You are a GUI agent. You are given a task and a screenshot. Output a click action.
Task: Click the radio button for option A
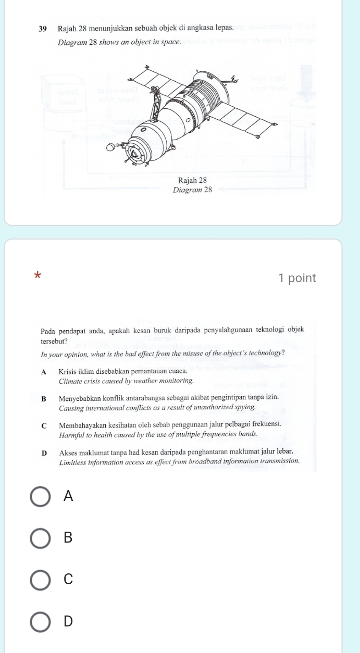point(41,497)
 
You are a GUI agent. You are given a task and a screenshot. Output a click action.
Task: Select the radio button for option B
point(41,538)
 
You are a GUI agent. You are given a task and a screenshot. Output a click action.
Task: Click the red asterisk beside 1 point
point(36,275)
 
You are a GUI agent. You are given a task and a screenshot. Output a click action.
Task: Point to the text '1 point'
point(297,278)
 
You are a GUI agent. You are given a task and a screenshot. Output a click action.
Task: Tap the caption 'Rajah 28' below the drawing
point(192,180)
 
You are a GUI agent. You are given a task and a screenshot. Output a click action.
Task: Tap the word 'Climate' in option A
point(72,381)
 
